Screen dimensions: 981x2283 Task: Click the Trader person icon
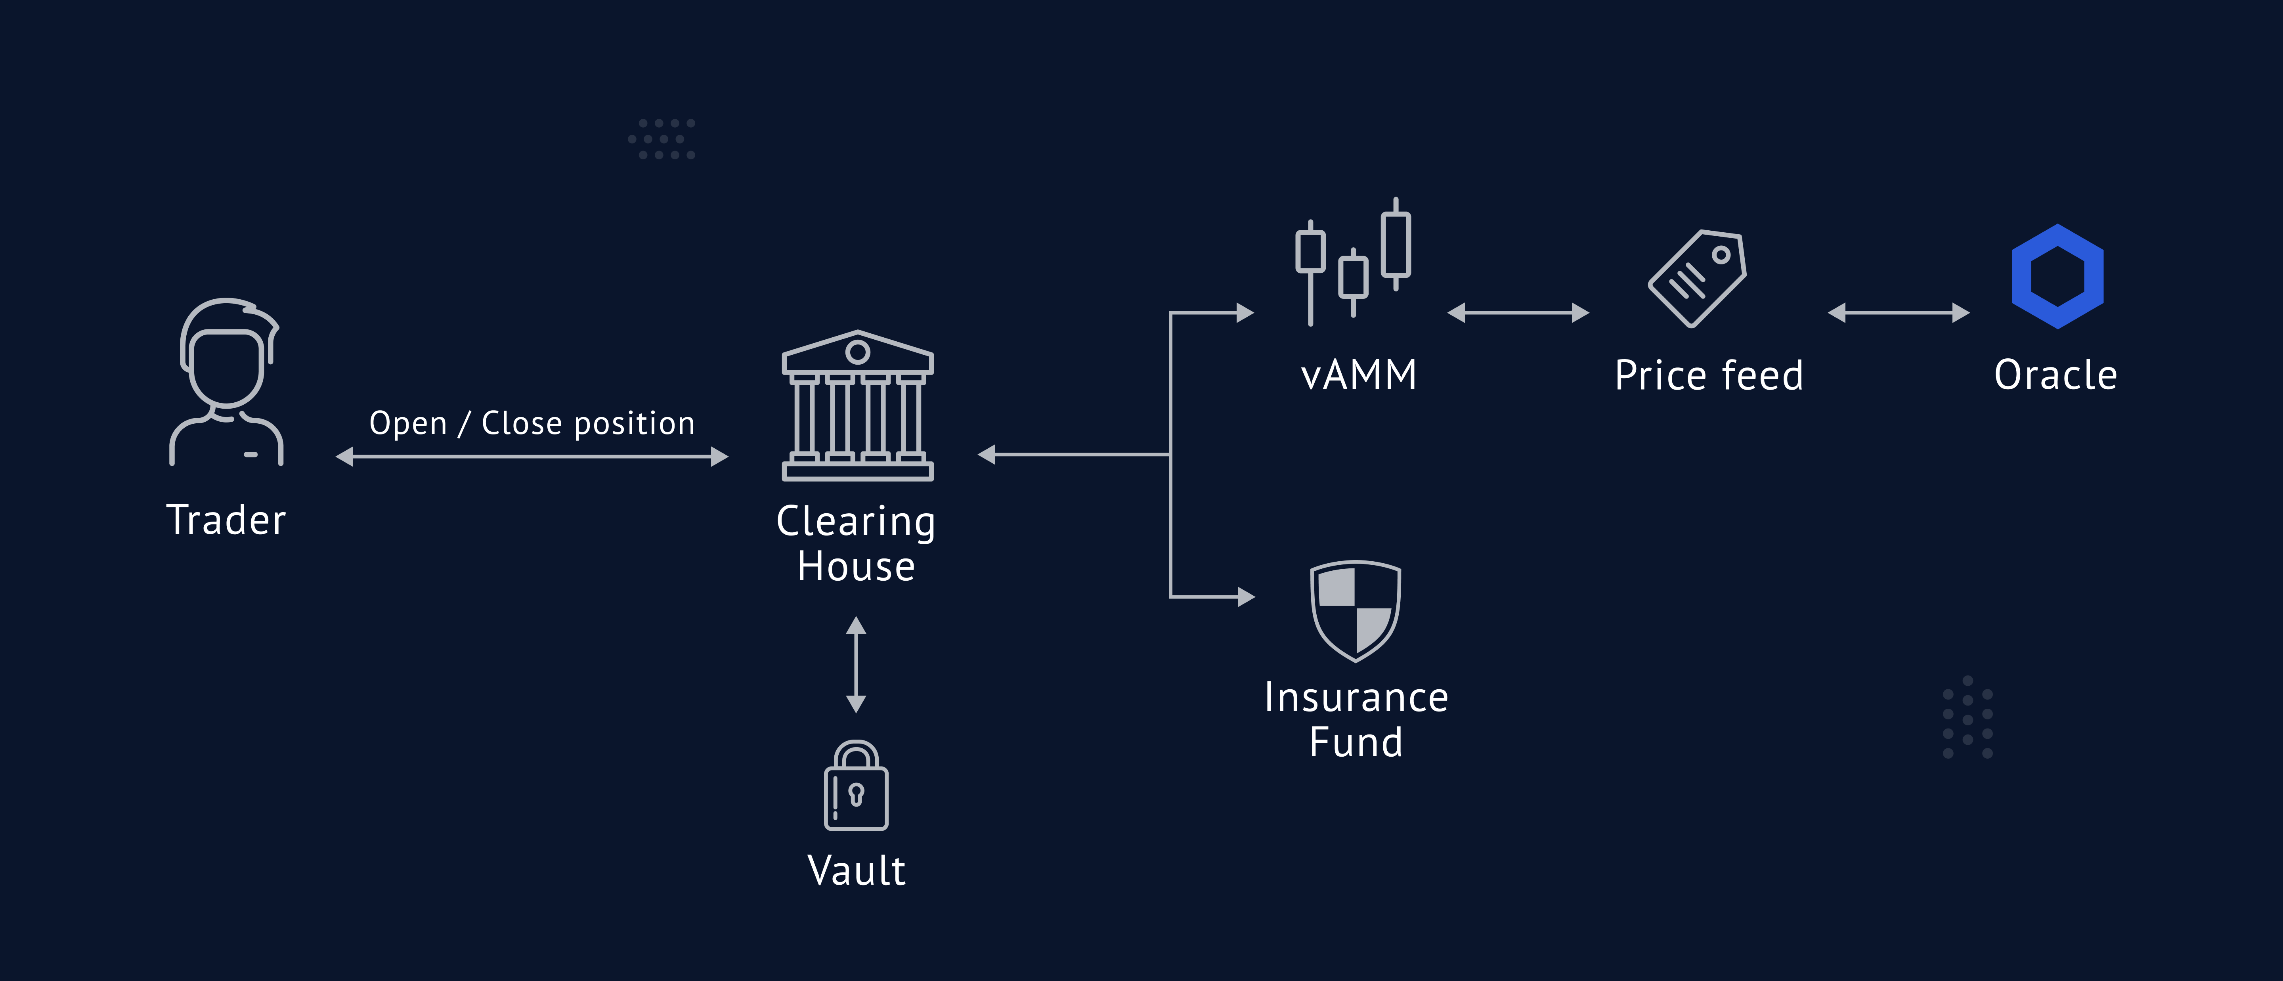pyautogui.click(x=227, y=381)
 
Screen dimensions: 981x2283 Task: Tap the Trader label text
pyautogui.click(x=227, y=520)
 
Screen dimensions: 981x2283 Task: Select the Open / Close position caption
pyautogui.click(x=532, y=424)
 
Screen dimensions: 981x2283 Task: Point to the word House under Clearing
pyautogui.click(x=856, y=567)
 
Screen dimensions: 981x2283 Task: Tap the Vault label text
pyautogui.click(x=856, y=871)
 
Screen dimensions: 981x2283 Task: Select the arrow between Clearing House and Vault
pyautogui.click(x=856, y=665)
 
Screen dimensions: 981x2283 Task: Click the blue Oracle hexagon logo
pyautogui.click(x=2057, y=277)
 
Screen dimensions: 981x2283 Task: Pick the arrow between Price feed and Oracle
pyautogui.click(x=1899, y=313)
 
